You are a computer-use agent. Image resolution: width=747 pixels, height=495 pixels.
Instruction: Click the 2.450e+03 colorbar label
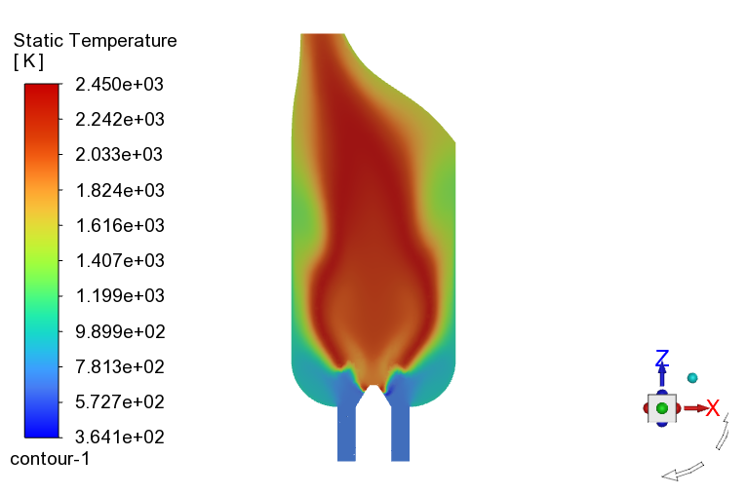click(x=120, y=84)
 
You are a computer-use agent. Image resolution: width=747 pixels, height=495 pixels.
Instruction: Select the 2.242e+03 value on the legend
click(x=120, y=120)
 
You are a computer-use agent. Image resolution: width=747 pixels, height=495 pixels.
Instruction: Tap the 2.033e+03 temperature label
click(x=119, y=155)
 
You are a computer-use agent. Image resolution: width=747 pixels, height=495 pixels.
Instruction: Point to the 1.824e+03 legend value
click(x=120, y=190)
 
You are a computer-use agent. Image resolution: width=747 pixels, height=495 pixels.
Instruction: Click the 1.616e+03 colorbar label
click(x=120, y=226)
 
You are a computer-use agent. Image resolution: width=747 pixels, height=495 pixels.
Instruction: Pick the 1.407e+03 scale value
click(x=120, y=261)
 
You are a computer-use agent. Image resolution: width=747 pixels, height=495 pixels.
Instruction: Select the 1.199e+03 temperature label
click(x=120, y=296)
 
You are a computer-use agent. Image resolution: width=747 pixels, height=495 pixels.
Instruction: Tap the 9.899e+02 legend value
click(x=120, y=331)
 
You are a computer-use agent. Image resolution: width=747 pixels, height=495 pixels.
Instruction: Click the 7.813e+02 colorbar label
click(x=120, y=367)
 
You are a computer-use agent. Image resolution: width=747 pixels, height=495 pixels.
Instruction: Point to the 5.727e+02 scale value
click(x=120, y=402)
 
